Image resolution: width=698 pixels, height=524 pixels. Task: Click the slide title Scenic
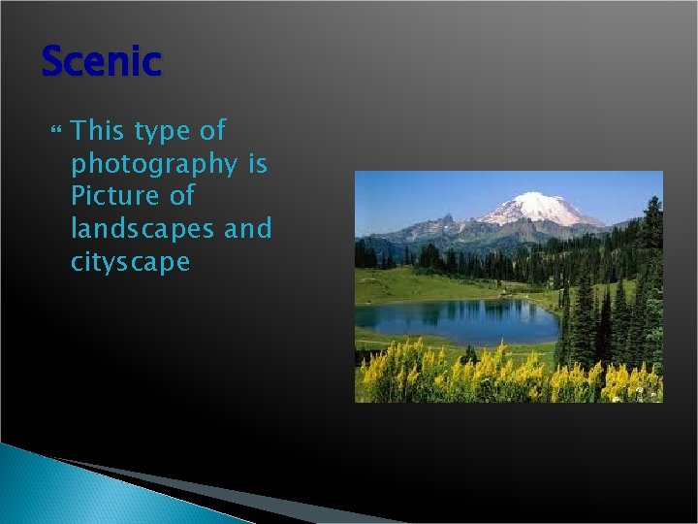[101, 62]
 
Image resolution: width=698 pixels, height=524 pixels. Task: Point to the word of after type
[212, 130]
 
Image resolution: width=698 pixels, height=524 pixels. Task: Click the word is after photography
[257, 163]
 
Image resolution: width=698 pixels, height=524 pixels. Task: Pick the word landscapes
[143, 229]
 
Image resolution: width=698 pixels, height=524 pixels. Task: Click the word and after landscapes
[248, 229]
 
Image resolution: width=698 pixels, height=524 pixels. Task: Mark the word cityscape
[130, 263]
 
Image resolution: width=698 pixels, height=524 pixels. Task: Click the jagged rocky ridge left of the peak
[427, 227]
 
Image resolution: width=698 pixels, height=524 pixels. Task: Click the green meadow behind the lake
[427, 284]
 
